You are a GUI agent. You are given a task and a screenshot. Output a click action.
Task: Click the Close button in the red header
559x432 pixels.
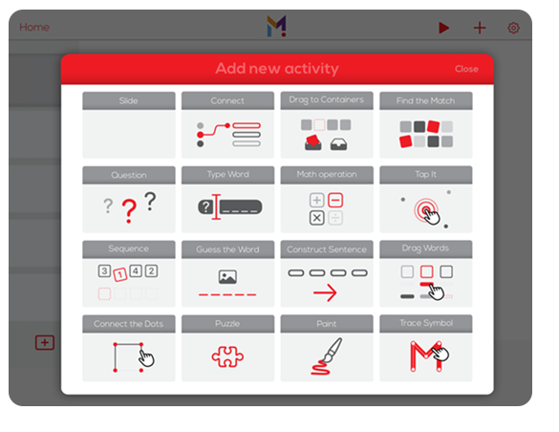(466, 69)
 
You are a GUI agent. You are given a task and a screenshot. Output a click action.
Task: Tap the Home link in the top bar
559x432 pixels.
(34, 28)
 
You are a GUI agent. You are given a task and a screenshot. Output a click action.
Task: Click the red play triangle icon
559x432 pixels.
(443, 28)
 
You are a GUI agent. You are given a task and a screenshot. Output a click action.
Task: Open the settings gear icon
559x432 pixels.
(513, 28)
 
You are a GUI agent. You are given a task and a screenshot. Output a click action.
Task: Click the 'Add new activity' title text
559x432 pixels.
(276, 69)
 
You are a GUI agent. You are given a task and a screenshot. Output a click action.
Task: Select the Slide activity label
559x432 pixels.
(128, 100)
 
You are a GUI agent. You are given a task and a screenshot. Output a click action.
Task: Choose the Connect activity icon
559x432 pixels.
(227, 135)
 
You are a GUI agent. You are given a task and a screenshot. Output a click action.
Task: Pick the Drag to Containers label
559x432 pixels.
(327, 100)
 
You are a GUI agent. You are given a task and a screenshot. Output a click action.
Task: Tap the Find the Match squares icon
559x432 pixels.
(425, 135)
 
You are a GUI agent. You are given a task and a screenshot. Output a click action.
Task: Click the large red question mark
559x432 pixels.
(129, 211)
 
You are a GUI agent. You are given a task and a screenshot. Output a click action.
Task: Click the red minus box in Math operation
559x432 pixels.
(335, 200)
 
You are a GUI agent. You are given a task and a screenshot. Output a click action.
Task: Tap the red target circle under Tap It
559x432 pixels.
(422, 208)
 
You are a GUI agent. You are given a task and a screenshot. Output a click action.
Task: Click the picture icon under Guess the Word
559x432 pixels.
(227, 277)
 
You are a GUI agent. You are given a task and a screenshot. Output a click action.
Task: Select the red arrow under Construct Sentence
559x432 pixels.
(326, 292)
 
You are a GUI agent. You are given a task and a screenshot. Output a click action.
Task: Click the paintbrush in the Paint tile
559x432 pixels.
(326, 356)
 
